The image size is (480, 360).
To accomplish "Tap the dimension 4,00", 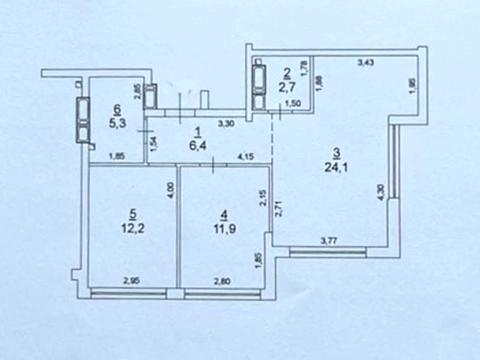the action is (170, 190).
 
